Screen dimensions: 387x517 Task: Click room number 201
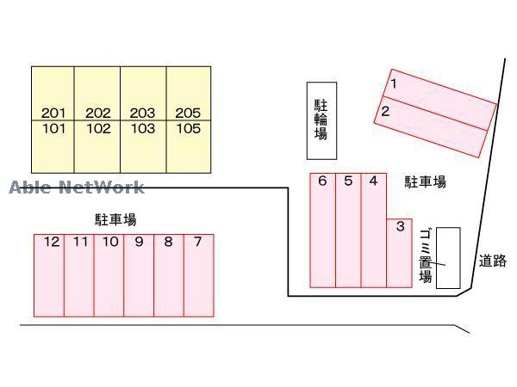click(x=53, y=113)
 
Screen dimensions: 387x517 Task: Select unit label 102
click(x=98, y=129)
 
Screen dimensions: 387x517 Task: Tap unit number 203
click(x=142, y=113)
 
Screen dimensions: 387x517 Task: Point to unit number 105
click(x=187, y=129)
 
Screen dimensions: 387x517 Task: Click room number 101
click(x=53, y=129)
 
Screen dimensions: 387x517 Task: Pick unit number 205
click(x=187, y=113)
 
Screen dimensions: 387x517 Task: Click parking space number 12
click(x=52, y=242)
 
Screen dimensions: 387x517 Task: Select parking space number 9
click(x=139, y=242)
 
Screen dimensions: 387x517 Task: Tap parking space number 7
click(x=197, y=242)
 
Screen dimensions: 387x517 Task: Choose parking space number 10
click(x=109, y=242)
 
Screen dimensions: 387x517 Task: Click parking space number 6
click(x=322, y=181)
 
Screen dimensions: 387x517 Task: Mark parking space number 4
click(x=373, y=181)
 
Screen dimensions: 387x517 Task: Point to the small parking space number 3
click(x=400, y=226)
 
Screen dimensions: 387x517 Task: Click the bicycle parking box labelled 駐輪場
click(x=321, y=120)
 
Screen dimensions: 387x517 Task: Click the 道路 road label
click(x=493, y=261)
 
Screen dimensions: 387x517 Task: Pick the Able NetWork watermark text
click(x=77, y=187)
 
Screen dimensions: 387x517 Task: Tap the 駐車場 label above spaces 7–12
click(x=115, y=219)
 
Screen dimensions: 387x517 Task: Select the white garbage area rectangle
click(x=448, y=258)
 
